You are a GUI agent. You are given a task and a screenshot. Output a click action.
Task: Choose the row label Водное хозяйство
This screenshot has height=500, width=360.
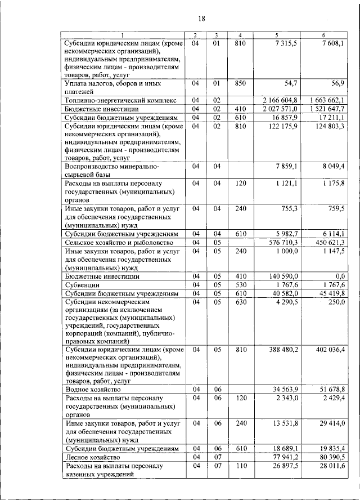(93, 389)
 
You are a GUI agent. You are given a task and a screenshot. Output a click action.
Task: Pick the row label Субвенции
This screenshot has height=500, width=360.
(83, 285)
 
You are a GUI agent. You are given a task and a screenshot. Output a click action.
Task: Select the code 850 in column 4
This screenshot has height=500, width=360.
(240, 83)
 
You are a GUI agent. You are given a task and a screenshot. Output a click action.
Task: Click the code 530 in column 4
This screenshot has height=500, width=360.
(240, 285)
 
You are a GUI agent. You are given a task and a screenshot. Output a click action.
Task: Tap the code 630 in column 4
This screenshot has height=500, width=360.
(240, 302)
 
